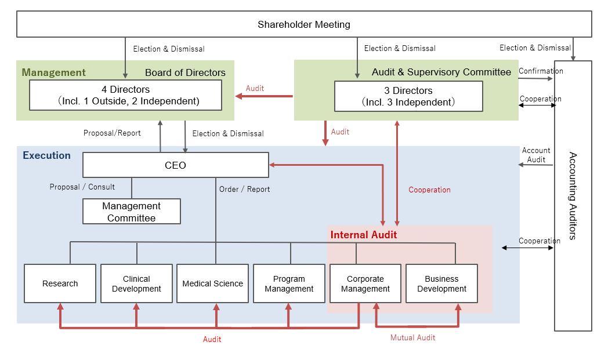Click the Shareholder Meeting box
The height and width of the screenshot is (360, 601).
[304, 24]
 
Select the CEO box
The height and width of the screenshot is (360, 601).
[176, 165]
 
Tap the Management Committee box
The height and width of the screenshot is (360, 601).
[132, 212]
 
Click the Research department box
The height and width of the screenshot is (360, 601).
[60, 283]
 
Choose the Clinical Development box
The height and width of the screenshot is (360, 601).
[136, 283]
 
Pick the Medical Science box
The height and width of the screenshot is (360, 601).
[213, 283]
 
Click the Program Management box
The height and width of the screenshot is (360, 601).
[289, 283]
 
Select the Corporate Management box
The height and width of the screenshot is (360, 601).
[365, 283]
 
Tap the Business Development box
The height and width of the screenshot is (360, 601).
[441, 283]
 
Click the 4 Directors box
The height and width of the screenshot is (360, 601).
[125, 95]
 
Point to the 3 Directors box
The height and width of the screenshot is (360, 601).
[408, 96]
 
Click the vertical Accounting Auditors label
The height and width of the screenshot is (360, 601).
[573, 196]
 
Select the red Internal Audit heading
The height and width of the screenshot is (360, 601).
[363, 235]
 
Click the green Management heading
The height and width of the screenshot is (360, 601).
[53, 72]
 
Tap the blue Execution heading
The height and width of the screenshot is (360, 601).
[47, 155]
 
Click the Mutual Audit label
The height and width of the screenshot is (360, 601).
[413, 337]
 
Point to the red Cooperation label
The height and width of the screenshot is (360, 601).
[429, 190]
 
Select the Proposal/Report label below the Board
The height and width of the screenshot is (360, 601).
[112, 133]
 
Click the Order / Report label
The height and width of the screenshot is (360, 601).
[245, 189]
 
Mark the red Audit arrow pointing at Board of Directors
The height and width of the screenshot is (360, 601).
[264, 96]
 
